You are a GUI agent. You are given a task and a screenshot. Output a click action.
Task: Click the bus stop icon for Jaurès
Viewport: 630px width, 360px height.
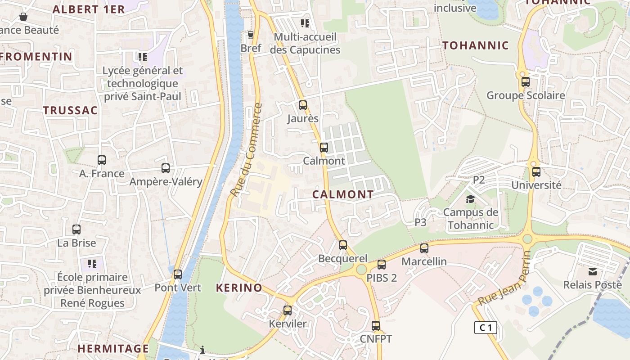point(303,105)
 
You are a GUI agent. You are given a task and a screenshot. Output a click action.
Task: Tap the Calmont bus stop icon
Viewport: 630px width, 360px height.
point(324,147)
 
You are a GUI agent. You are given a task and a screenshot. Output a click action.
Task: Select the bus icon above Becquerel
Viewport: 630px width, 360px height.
point(343,245)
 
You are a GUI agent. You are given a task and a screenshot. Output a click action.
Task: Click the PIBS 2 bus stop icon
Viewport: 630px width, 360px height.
point(382,265)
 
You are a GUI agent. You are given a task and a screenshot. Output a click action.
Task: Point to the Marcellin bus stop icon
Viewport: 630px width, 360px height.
point(424,248)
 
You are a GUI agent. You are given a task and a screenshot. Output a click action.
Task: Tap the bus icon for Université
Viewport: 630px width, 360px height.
point(536,172)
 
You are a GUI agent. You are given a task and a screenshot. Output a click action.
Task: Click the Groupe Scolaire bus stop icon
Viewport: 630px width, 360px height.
point(526,82)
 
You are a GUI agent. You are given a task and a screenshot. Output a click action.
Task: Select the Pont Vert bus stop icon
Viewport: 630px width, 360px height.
point(178,274)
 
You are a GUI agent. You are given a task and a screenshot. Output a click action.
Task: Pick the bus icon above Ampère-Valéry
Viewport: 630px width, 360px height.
point(166,168)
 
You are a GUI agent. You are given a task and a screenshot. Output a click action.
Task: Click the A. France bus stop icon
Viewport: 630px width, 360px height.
point(102,160)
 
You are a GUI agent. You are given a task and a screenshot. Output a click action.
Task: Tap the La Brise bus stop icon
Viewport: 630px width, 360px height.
point(76,229)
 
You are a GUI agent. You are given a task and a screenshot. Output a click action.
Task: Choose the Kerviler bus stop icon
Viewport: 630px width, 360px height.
point(288,310)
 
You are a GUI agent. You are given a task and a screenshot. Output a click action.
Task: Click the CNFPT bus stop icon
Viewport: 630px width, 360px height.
point(376,325)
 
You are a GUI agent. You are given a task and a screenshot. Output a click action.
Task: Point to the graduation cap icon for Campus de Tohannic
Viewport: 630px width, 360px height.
point(470,199)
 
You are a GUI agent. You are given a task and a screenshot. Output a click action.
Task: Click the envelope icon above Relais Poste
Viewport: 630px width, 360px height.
point(593,271)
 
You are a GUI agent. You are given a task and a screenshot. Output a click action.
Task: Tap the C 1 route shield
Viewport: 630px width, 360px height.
point(486,328)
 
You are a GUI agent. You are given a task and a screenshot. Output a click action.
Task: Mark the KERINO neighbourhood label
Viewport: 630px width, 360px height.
point(239,288)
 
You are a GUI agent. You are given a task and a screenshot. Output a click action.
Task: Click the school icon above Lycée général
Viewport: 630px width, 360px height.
point(143,57)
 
